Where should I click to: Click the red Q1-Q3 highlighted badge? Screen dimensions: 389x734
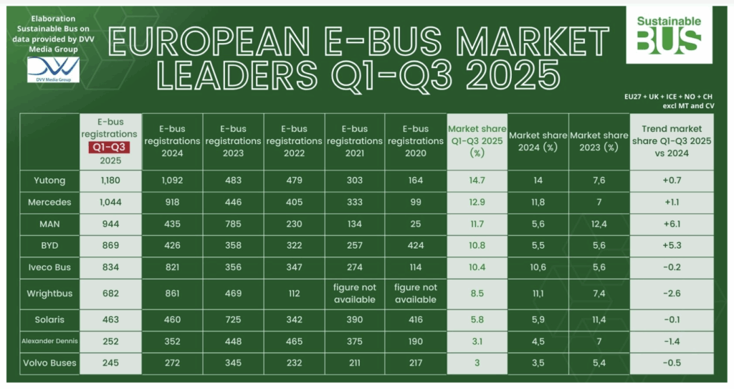111,148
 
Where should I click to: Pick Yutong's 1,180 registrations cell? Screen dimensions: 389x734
111,181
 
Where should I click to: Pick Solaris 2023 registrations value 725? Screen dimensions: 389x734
234,320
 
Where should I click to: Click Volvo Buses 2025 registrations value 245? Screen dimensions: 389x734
111,362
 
